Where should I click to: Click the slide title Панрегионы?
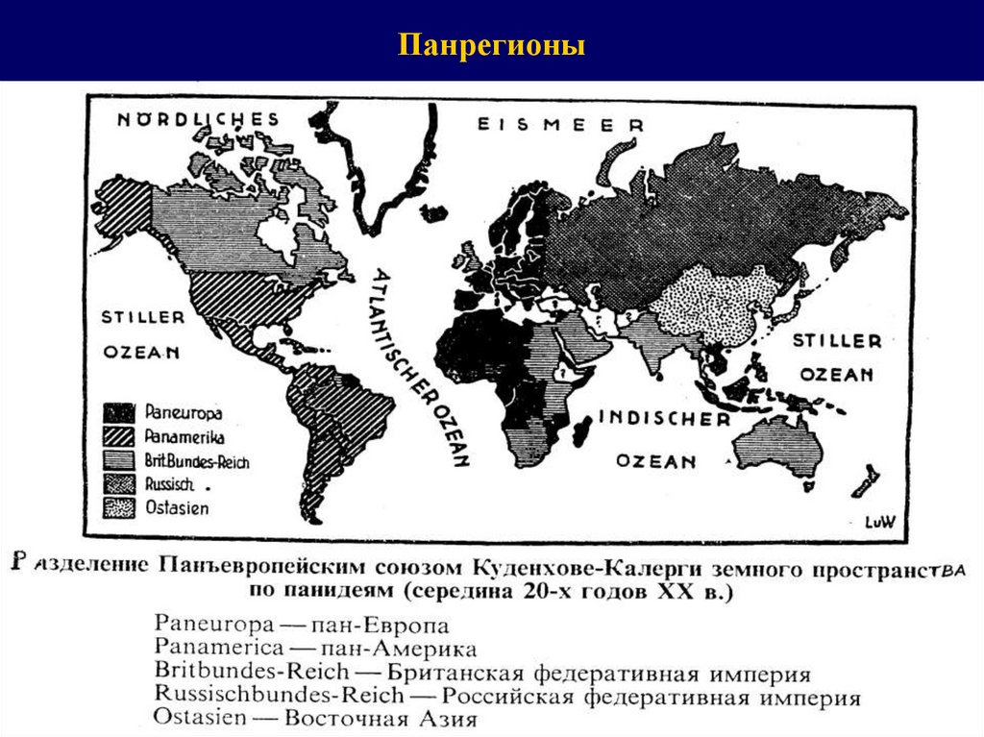pyautogui.click(x=492, y=45)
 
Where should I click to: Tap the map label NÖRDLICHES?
pyautogui.click(x=198, y=119)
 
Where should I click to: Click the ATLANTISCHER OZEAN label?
pyautogui.click(x=417, y=364)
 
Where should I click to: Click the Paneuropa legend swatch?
pyautogui.click(x=120, y=413)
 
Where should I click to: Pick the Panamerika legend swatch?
pyautogui.click(x=120, y=437)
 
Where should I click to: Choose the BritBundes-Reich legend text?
pyautogui.click(x=198, y=462)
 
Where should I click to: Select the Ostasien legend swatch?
pyautogui.click(x=120, y=506)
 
